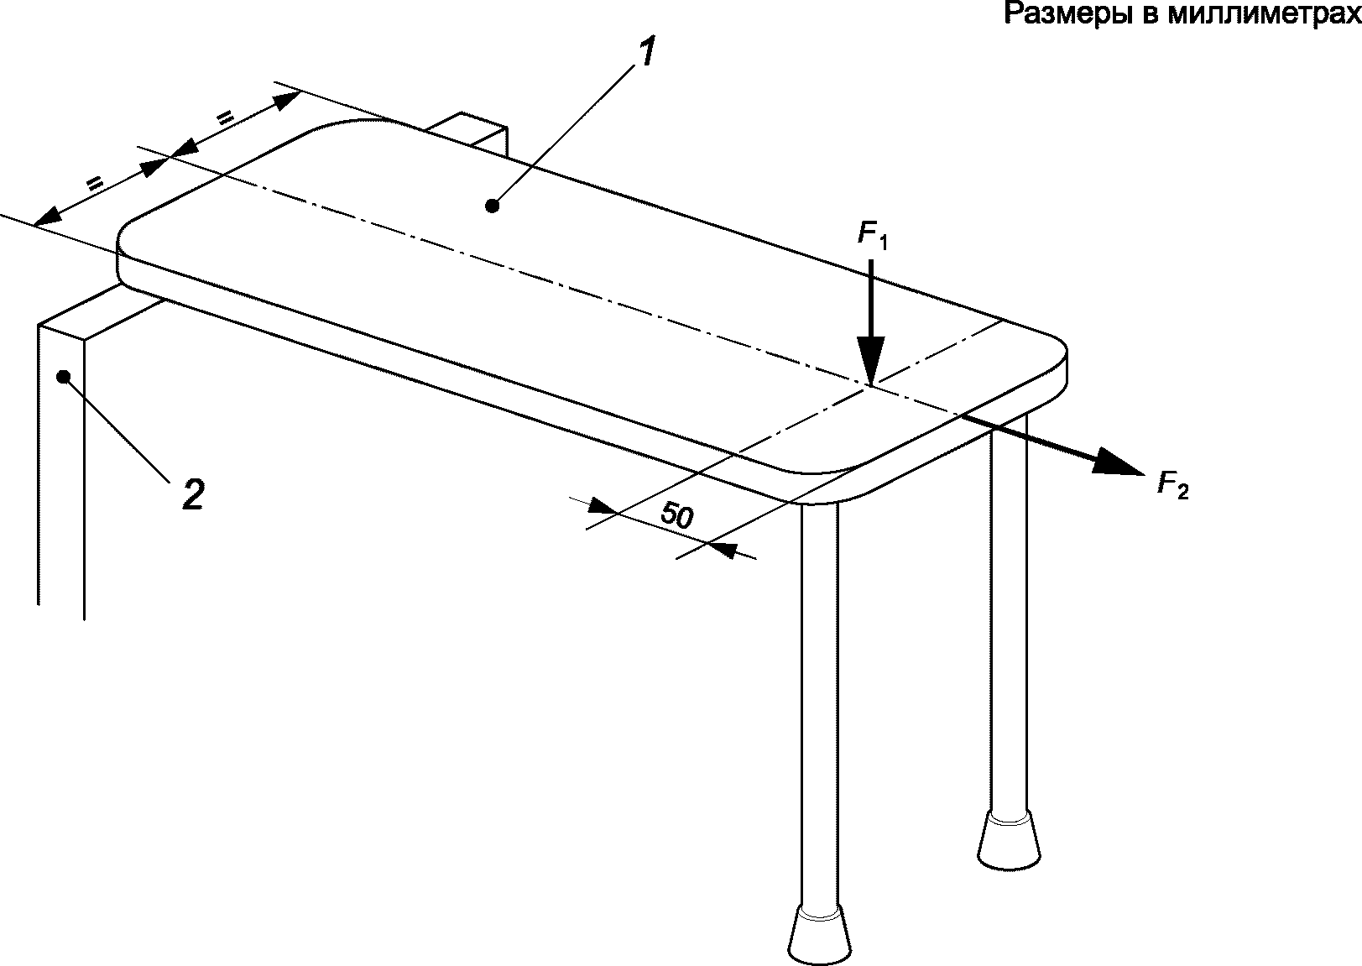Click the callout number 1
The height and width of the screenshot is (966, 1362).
(x=645, y=51)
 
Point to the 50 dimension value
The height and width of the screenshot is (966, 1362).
(x=676, y=515)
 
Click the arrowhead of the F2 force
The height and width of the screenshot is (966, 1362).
(x=1117, y=462)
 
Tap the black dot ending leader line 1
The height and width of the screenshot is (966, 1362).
(x=493, y=206)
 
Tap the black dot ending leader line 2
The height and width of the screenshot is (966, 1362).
(x=63, y=377)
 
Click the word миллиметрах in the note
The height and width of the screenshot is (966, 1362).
(x=1265, y=13)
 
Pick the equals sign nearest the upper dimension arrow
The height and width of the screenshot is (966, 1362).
(x=225, y=117)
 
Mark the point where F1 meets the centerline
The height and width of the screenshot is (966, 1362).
(x=871, y=384)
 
